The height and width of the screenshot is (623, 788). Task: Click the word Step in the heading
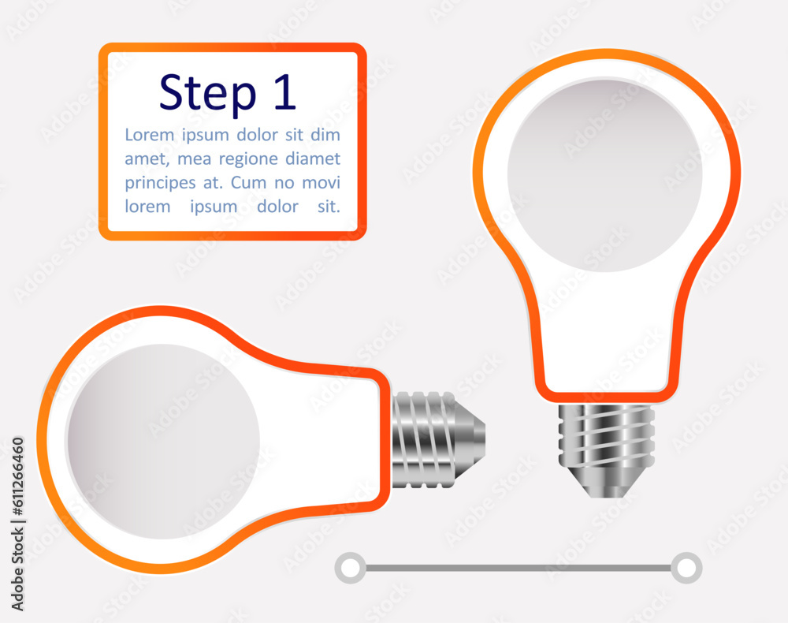click(207, 94)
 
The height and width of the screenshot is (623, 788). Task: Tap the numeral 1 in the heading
click(285, 91)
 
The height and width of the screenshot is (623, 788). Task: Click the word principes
click(160, 183)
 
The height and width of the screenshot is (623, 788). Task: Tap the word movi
click(322, 182)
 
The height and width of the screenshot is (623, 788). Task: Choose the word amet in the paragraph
click(147, 159)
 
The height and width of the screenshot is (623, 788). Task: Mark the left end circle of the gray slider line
click(351, 569)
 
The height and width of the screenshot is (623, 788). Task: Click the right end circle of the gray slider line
click(686, 569)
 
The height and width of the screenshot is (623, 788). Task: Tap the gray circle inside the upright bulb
click(604, 176)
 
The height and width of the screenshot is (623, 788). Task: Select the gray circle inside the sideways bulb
click(163, 441)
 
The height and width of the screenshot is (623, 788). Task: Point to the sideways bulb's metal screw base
click(438, 440)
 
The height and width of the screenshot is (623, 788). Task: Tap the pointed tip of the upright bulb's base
click(607, 497)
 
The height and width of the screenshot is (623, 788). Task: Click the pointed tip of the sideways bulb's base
click(484, 440)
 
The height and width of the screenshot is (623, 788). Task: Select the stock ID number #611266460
click(17, 476)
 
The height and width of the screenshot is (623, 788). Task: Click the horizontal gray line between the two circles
click(519, 569)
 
